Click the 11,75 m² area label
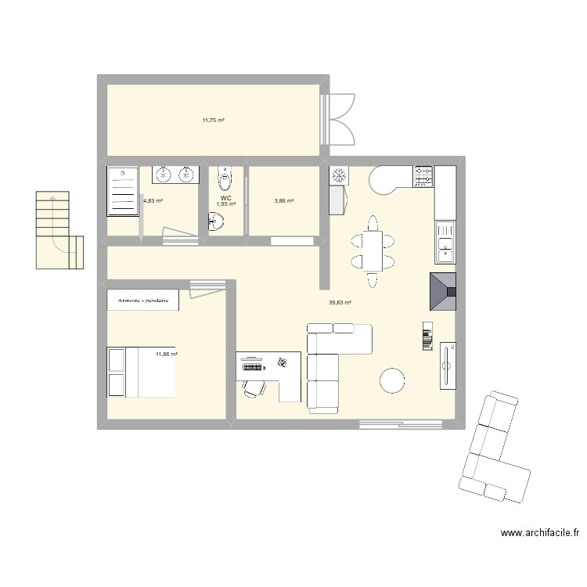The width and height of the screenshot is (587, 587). coord(214,121)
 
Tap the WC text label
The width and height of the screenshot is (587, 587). coord(225,198)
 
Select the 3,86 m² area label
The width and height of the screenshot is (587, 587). coord(284,200)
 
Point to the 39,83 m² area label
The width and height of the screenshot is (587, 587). coord(340,302)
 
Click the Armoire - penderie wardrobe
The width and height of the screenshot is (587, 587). coord(143,300)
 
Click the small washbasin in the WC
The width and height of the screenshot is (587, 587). coord(216,221)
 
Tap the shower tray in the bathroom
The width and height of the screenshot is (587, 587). coord(122,192)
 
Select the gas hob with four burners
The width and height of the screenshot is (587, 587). coord(423,176)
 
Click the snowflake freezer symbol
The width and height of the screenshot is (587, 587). coord(339,175)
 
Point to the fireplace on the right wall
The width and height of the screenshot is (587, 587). coord(443,292)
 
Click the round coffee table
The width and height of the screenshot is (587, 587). coord(392,380)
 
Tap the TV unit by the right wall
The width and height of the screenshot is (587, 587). coord(448,366)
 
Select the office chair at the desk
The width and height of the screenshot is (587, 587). coord(254,388)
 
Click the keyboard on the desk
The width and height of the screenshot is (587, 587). coord(253,367)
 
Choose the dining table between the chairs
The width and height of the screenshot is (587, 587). coord(373,251)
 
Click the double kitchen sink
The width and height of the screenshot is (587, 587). coord(445,243)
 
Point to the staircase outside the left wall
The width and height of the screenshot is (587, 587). coord(59,230)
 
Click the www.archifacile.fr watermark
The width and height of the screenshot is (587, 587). coord(540,533)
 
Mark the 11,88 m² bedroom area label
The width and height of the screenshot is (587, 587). coord(167,354)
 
